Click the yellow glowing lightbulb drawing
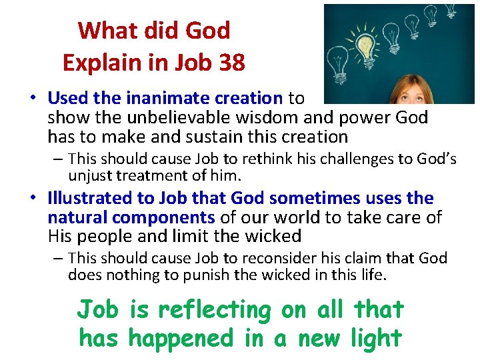pyautogui.click(x=365, y=45)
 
